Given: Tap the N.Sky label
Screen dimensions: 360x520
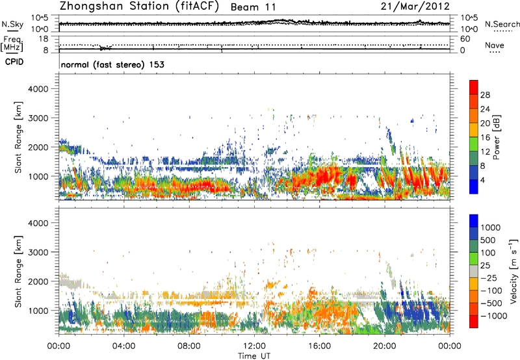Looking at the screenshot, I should [x=10, y=25].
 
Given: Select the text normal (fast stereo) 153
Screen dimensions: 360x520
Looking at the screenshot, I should [x=112, y=65].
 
